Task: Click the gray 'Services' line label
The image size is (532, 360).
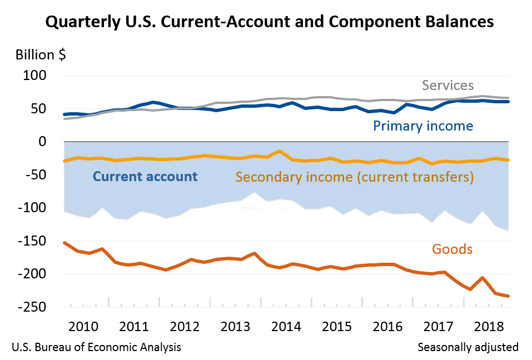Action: point(448,86)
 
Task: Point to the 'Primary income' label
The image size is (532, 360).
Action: point(423,126)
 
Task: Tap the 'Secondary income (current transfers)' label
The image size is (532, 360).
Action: point(354,177)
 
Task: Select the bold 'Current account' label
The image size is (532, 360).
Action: point(145,177)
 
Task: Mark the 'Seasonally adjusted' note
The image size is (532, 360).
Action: point(468,347)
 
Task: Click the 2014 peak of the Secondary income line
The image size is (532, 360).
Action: point(280,151)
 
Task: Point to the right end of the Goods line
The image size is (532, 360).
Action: point(509,296)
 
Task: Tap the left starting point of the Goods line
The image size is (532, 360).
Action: point(64,243)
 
